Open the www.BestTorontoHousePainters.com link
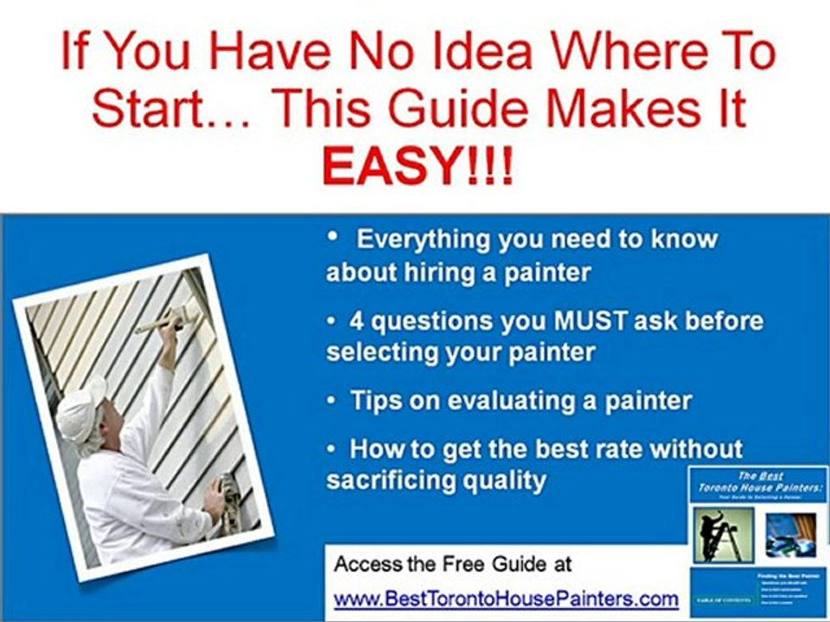pyautogui.click(x=506, y=598)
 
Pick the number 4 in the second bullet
pyautogui.click(x=356, y=321)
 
